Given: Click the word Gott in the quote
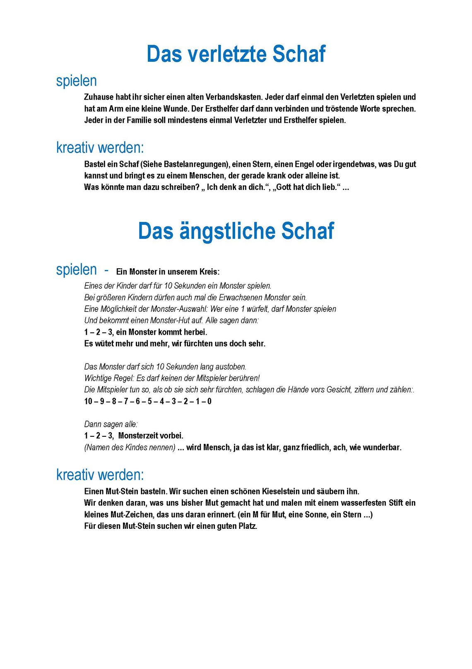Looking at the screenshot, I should coord(284,187).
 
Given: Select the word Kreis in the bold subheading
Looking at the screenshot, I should coord(209,272).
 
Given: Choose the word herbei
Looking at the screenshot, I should coord(195,332).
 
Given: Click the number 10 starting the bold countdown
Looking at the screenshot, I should coord(88,401).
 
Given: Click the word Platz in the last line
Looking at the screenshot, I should coord(247,526).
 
